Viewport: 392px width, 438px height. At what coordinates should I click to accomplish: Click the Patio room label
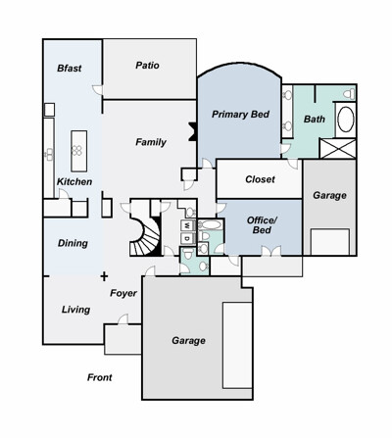pos(147,66)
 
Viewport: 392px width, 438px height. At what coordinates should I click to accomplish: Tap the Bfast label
pos(70,68)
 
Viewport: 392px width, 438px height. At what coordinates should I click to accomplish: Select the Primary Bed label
pos(240,115)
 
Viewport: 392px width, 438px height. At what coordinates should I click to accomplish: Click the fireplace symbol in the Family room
pos(192,131)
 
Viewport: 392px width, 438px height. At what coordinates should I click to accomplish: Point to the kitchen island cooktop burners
pos(77,150)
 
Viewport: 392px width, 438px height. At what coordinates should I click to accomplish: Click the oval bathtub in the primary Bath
pos(345,120)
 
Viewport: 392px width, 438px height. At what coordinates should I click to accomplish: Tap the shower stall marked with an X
pos(338,149)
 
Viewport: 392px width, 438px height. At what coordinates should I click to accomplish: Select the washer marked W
pos(187,224)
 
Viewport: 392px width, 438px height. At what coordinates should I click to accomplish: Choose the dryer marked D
pos(187,238)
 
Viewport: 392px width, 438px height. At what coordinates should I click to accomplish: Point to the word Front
pos(100,377)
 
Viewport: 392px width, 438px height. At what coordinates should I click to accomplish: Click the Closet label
pos(260,179)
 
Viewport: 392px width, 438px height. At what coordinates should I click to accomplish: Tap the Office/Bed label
pos(262,225)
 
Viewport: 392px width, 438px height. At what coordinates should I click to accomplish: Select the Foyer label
pos(123,293)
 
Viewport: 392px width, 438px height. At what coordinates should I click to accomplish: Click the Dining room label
pos(73,243)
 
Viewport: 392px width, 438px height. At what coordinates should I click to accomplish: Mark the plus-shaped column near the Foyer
pos(104,277)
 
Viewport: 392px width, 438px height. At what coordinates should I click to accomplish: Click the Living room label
pos(75,310)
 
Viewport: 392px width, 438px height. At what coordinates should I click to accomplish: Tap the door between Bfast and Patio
pos(98,90)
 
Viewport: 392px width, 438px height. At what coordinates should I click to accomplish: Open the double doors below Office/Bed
pos(271,251)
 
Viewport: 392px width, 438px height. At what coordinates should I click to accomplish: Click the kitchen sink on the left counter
pos(49,154)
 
